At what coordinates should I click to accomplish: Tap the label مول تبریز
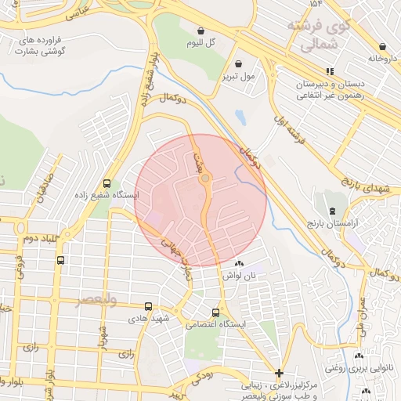(238, 77)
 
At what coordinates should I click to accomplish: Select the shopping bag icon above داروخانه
(382, 47)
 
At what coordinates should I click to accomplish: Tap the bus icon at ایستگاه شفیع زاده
(108, 181)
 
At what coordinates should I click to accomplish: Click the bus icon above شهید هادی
(149, 307)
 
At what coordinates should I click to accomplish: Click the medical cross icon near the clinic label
(280, 373)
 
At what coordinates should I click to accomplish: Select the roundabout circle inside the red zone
(205, 179)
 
